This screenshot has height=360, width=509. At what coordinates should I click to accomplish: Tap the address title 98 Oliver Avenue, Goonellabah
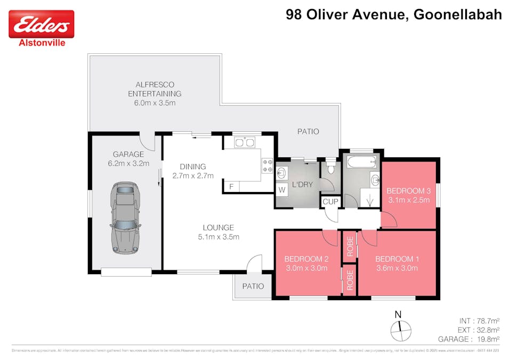point(394,14)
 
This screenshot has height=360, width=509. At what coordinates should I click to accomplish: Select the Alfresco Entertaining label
point(155,93)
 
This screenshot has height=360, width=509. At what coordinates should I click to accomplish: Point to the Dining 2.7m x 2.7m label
point(192,171)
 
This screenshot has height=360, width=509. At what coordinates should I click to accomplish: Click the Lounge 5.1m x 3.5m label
point(219,232)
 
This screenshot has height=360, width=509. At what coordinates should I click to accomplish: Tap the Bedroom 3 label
point(408,195)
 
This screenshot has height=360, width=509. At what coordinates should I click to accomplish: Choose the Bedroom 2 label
point(306,263)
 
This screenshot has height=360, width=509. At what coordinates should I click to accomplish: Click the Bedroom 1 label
point(397,263)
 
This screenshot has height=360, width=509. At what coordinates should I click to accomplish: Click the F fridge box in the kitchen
point(231,186)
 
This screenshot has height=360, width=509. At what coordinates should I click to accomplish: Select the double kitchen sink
point(245,142)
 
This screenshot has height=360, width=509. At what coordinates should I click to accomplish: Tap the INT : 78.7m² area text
point(479,321)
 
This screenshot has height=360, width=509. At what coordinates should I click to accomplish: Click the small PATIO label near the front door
point(253,286)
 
